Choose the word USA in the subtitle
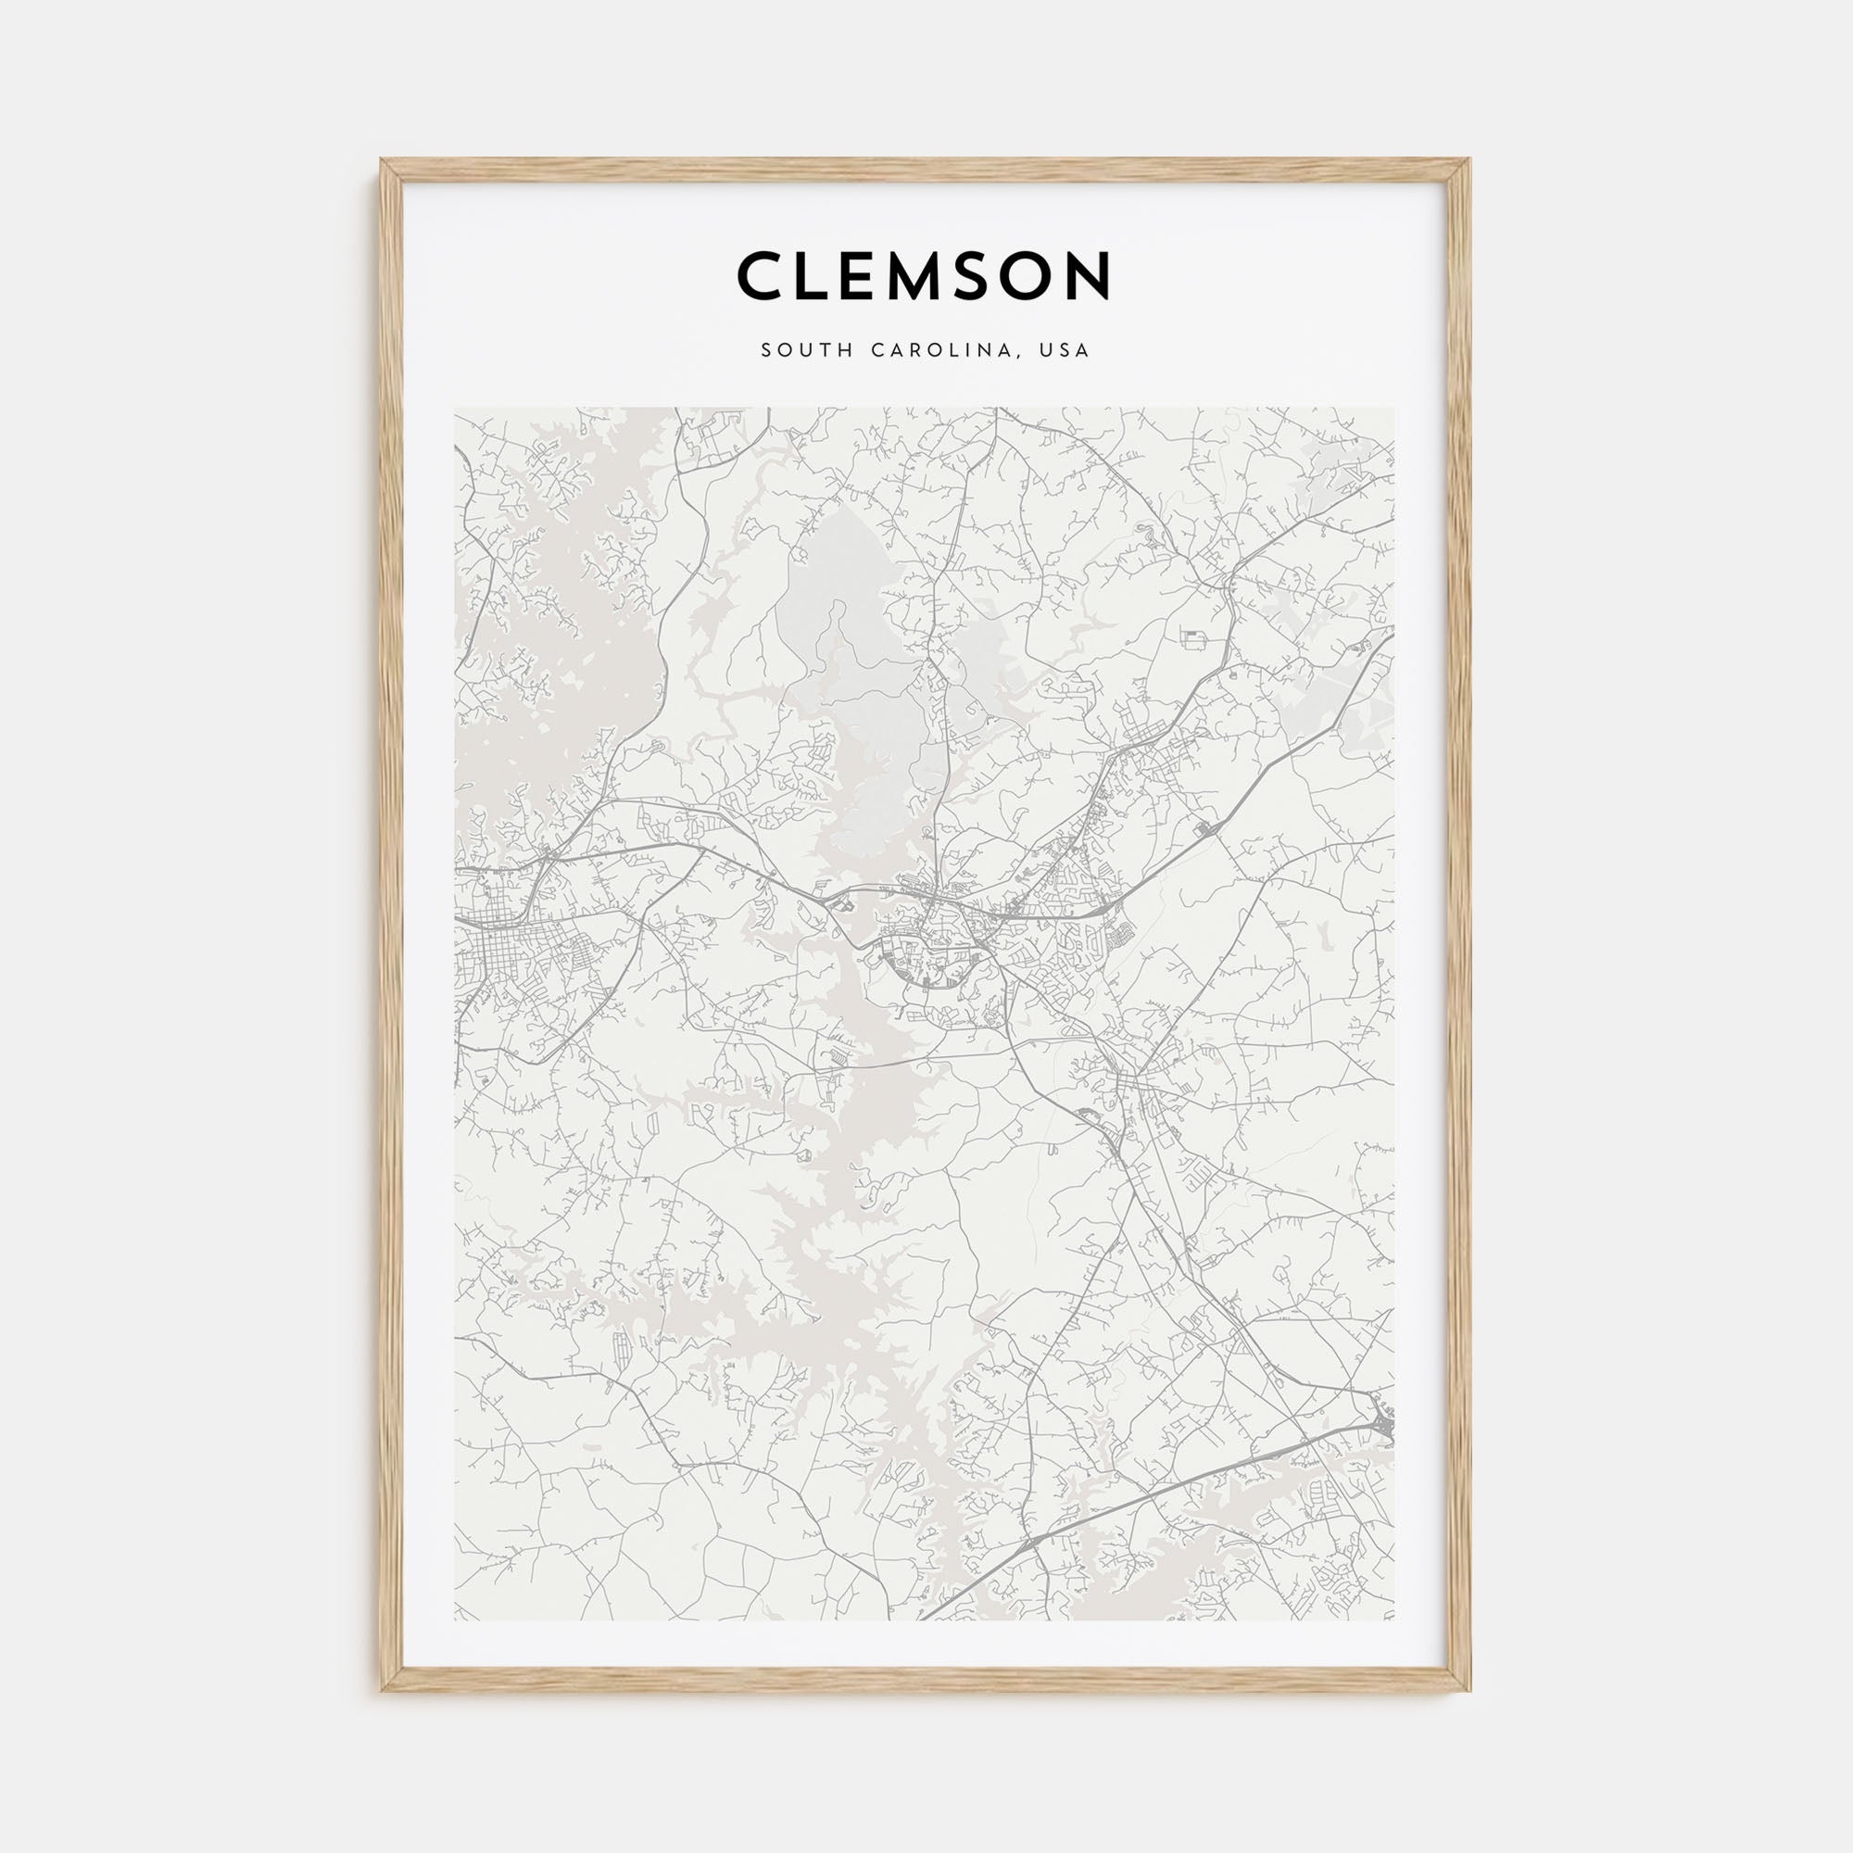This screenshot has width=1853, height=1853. point(1067,351)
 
